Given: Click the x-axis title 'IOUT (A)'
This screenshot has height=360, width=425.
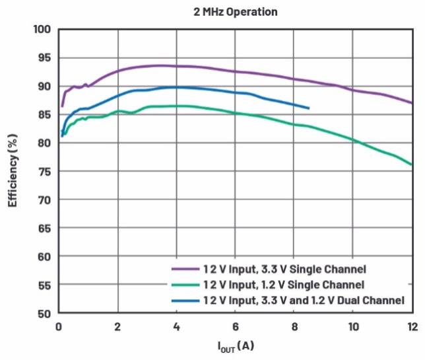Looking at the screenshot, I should point(236,345).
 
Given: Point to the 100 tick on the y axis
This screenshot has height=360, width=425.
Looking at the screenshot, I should point(42,30).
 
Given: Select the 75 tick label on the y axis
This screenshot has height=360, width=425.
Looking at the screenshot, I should point(44,171).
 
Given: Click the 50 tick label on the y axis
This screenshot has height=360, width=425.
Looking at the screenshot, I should point(44,313).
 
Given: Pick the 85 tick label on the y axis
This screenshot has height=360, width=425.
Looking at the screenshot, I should point(44,114).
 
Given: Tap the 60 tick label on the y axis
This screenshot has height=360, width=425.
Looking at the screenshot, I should point(44,256).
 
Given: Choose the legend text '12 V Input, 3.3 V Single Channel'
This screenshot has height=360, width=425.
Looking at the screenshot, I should point(286,269).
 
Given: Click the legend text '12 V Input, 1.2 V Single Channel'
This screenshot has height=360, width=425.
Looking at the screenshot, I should point(286,285).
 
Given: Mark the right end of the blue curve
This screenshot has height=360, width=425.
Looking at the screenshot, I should point(309,108).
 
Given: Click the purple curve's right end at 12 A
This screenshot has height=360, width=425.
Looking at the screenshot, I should point(412,103).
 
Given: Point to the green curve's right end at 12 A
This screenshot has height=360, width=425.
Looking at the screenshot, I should point(412,164).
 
